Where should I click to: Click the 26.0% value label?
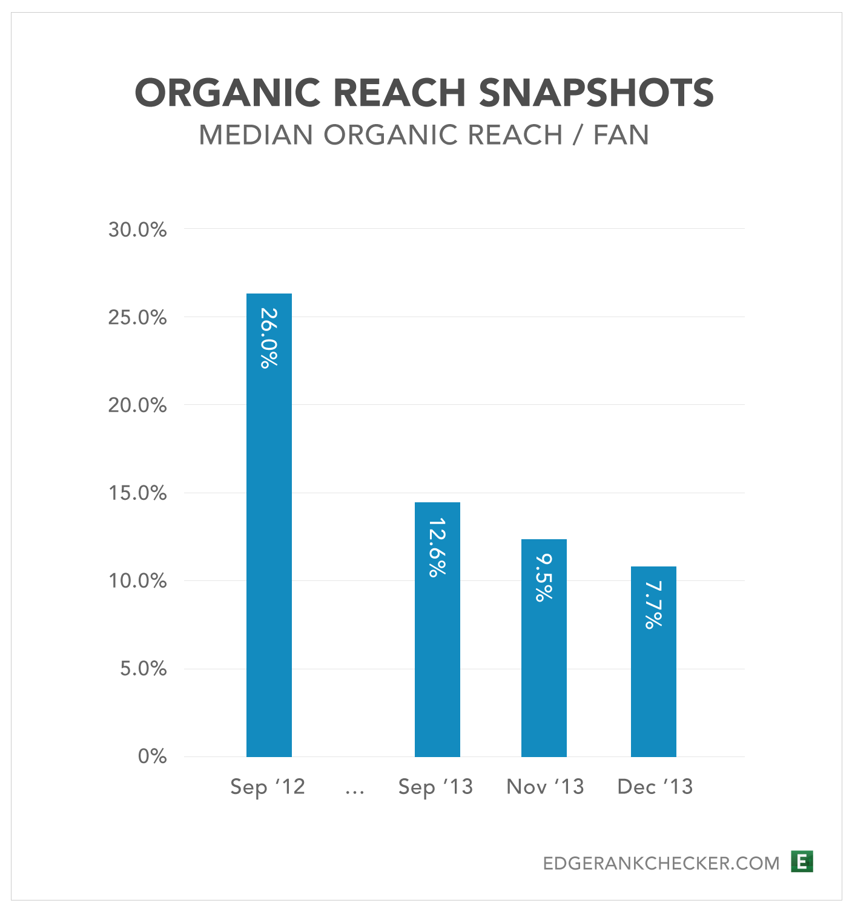coord(269,338)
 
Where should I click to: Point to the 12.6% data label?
coord(437,547)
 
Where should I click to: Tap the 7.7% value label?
coord(653,605)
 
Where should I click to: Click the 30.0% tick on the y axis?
coord(137,230)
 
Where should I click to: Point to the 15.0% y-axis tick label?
coord(137,493)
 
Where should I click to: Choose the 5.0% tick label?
coord(144,669)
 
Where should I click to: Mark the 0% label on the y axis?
coord(152,756)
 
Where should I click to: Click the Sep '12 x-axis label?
coord(268,787)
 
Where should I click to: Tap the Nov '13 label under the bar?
coord(545,787)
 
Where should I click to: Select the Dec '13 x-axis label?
coord(655,787)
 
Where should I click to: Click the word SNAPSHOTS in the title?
coord(596,93)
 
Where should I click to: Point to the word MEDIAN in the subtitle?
coord(257,135)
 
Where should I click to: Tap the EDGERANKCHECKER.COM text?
coord(661,863)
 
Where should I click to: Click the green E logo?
coord(802,861)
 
